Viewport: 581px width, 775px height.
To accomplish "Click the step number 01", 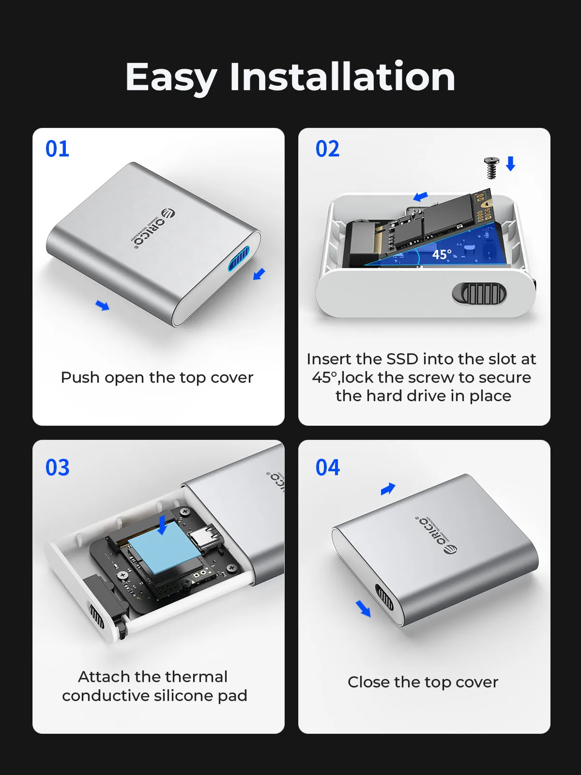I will click(57, 149).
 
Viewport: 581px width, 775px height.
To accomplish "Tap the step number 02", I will click(327, 149).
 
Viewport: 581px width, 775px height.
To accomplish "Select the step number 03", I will click(57, 467).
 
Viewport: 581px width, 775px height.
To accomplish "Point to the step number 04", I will click(327, 467).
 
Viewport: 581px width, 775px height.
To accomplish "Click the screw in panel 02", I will click(491, 168).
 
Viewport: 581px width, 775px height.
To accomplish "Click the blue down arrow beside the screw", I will click(510, 163).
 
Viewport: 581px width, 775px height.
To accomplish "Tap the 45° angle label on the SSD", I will click(442, 254).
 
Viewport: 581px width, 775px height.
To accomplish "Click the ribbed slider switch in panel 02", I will click(479, 294).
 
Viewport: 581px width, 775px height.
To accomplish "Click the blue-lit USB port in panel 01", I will click(239, 259).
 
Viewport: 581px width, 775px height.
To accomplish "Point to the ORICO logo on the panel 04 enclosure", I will click(436, 535).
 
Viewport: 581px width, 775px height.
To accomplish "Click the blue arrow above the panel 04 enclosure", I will click(388, 489).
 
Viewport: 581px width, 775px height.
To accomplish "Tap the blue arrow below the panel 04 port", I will click(363, 608).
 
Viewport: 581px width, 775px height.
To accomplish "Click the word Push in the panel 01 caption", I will click(80, 377).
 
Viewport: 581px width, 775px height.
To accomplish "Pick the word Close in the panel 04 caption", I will click(369, 682).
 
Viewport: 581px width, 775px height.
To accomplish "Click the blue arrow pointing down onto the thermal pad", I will click(163, 525).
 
